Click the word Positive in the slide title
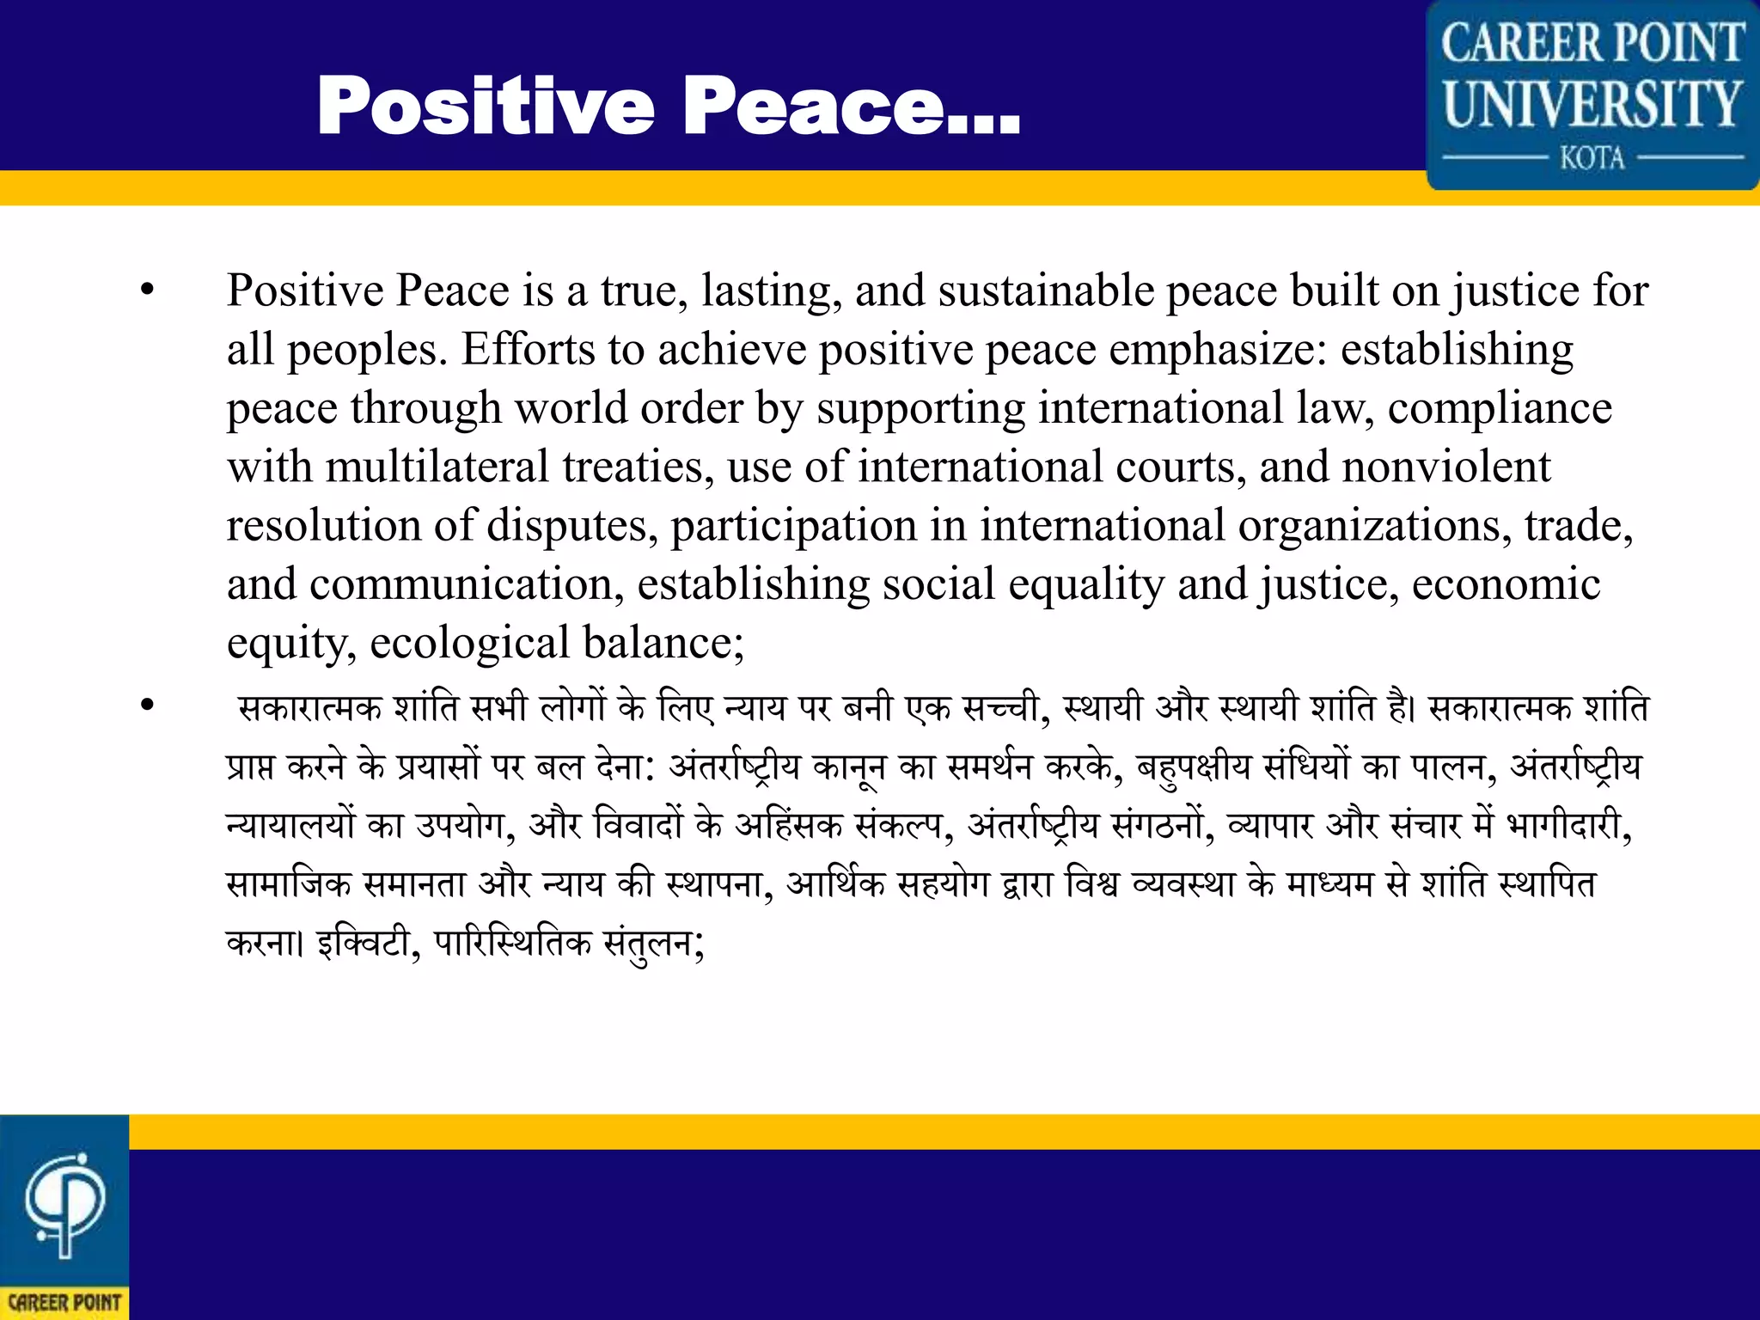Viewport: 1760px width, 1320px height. point(486,106)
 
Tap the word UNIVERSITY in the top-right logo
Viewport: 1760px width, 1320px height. point(1592,103)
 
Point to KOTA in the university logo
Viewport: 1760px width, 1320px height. point(1592,158)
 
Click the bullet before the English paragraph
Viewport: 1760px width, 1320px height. point(148,290)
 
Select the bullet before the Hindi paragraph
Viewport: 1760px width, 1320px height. point(148,706)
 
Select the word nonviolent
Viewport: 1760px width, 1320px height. point(1446,467)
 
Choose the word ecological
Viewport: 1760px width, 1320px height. point(469,643)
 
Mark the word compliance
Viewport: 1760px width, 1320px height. point(1500,407)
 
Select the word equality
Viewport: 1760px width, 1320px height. point(1086,584)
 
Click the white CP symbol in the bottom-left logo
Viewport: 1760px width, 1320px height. point(64,1203)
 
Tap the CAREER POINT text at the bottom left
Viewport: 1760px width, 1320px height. point(64,1302)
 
